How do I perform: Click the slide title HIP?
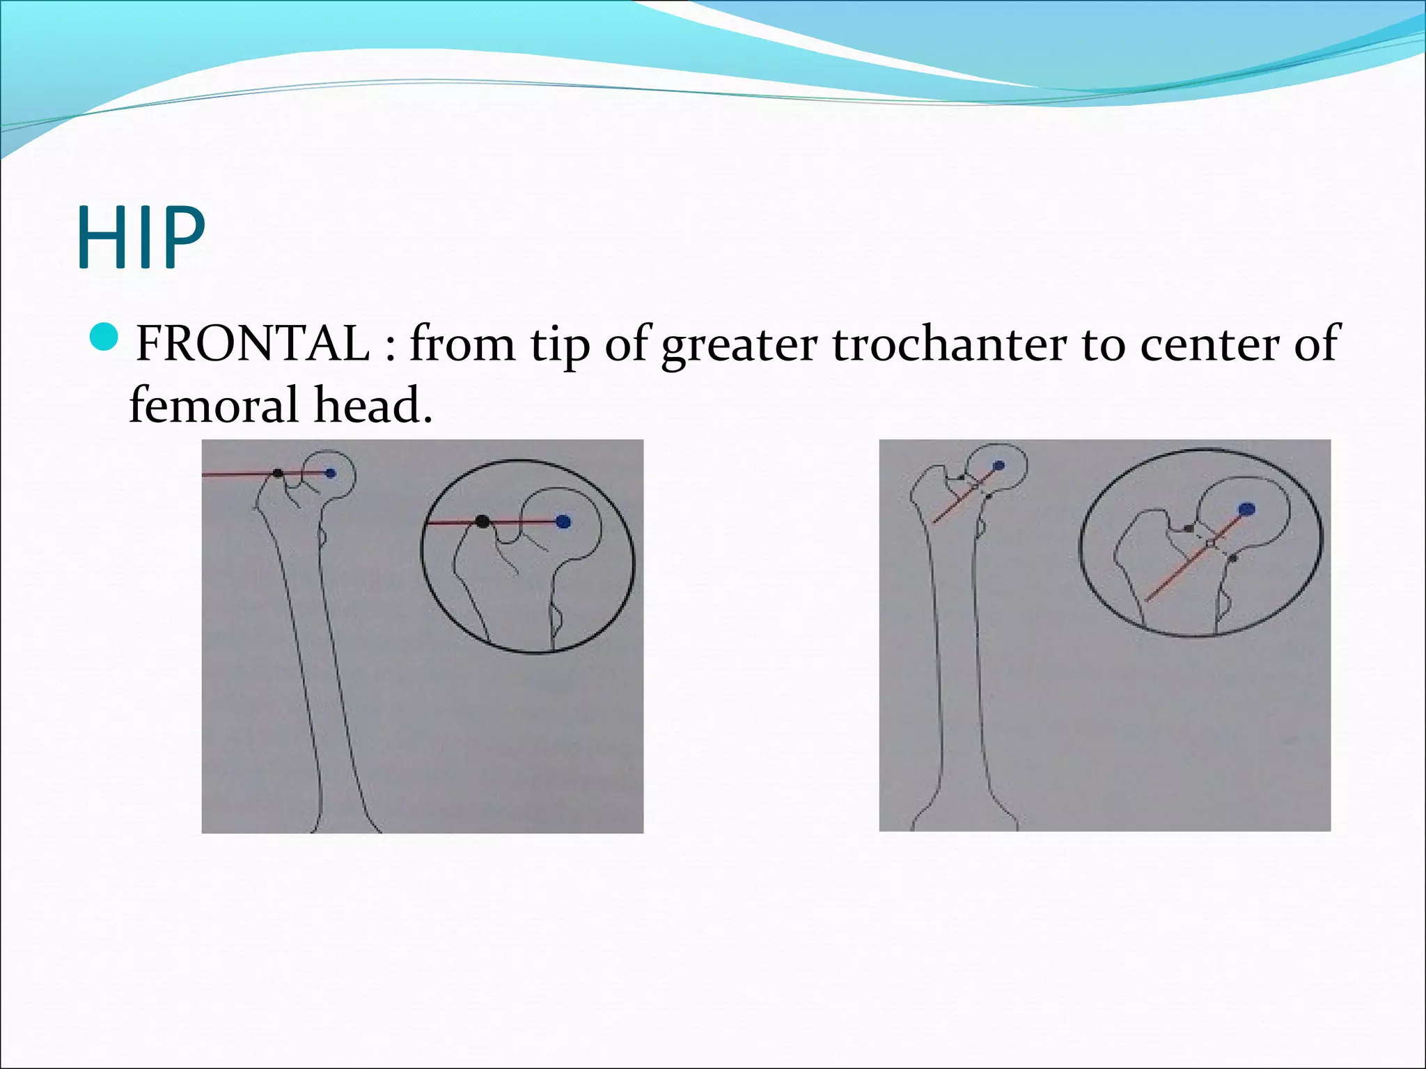141,238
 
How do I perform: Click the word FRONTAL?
253,343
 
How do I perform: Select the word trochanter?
949,343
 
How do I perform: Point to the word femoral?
215,405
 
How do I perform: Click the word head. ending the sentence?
373,405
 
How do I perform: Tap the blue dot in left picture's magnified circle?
563,521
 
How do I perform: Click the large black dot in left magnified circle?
482,521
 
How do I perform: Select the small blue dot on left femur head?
331,473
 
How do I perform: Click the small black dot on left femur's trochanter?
278,473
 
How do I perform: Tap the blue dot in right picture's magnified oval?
1246,509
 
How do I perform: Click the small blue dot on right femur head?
999,466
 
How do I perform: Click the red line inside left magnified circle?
522,521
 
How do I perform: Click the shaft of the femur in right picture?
956,661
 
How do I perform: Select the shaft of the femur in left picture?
317,661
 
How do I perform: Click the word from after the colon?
462,343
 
